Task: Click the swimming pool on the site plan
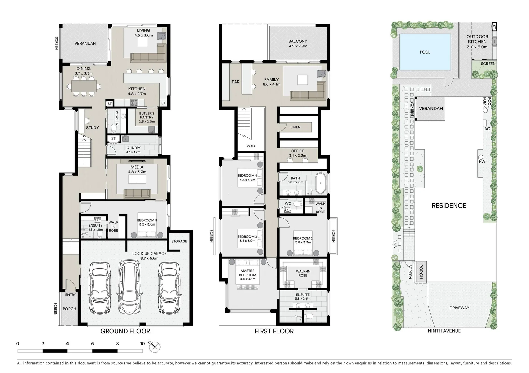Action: click(x=425, y=52)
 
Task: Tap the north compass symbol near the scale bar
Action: click(x=155, y=347)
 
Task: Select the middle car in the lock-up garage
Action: click(x=129, y=287)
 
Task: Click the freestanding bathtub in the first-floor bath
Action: click(x=321, y=183)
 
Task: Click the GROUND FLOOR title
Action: click(x=125, y=331)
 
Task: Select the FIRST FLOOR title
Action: click(x=274, y=331)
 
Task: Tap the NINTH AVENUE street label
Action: click(x=444, y=331)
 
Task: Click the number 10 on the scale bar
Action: click(x=142, y=344)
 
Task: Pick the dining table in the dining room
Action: click(x=84, y=86)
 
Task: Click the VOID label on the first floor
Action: click(x=251, y=146)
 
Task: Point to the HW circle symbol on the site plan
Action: click(x=481, y=157)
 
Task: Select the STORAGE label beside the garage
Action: click(x=179, y=241)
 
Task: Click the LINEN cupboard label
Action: click(x=295, y=127)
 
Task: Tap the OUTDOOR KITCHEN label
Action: click(x=477, y=39)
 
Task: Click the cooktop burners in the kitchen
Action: click(x=134, y=103)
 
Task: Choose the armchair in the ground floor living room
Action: click(x=162, y=36)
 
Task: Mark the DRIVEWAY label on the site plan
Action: click(x=459, y=308)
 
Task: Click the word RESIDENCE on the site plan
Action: click(x=449, y=205)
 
